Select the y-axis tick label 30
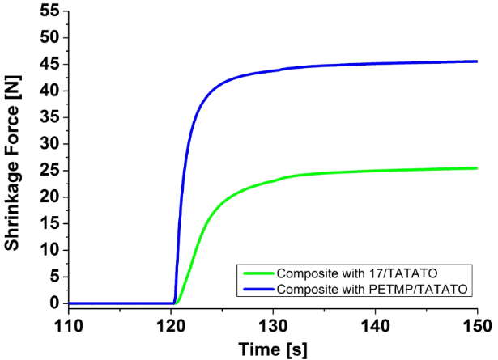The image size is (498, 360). pos(51,144)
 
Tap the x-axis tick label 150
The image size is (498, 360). pos(476,324)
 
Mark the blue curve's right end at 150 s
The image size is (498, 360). pos(477,61)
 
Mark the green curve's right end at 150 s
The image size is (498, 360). pos(477,168)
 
